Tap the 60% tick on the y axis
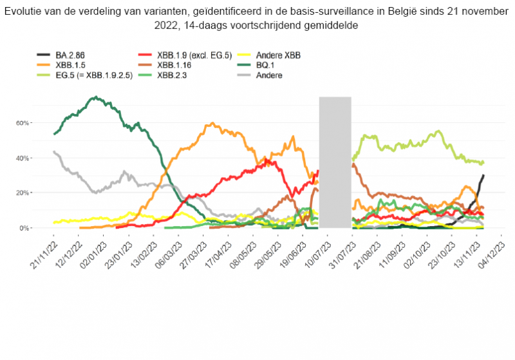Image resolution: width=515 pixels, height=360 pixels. [x=39, y=122]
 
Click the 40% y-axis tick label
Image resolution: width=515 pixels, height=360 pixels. [x=39, y=158]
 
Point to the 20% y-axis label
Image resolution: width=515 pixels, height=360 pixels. [x=39, y=193]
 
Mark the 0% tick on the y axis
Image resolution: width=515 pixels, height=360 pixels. [x=41, y=228]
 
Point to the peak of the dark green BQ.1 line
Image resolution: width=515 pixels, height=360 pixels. [x=95, y=97]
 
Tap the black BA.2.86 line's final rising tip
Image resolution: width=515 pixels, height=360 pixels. [x=483, y=175]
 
